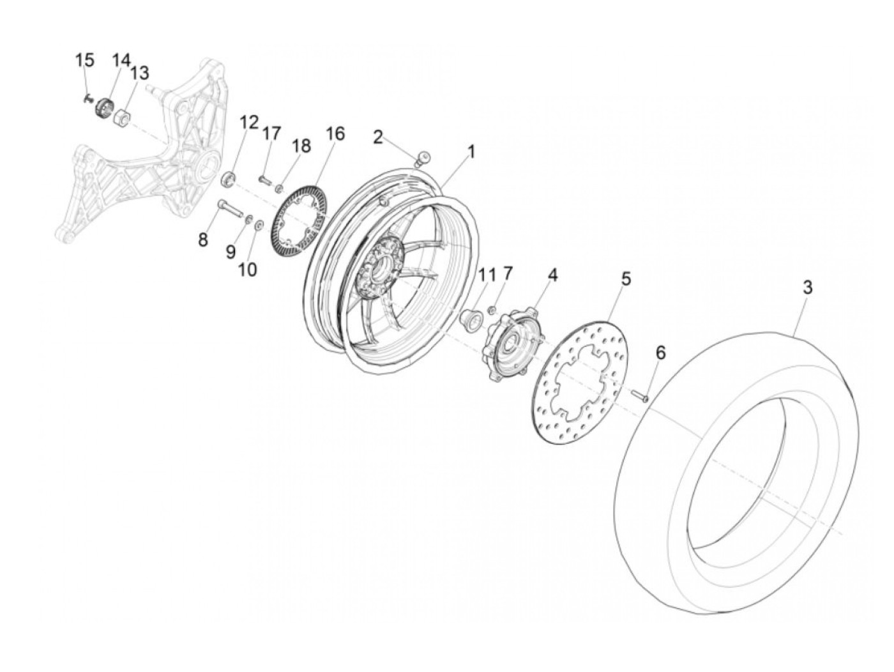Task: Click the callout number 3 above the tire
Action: coord(807,287)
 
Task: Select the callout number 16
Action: coord(335,134)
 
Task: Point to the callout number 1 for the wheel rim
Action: coord(471,152)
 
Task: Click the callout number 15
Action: coord(84,61)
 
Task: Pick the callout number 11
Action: coord(487,275)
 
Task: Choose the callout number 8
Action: coord(203,240)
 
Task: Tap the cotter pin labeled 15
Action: coord(87,98)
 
